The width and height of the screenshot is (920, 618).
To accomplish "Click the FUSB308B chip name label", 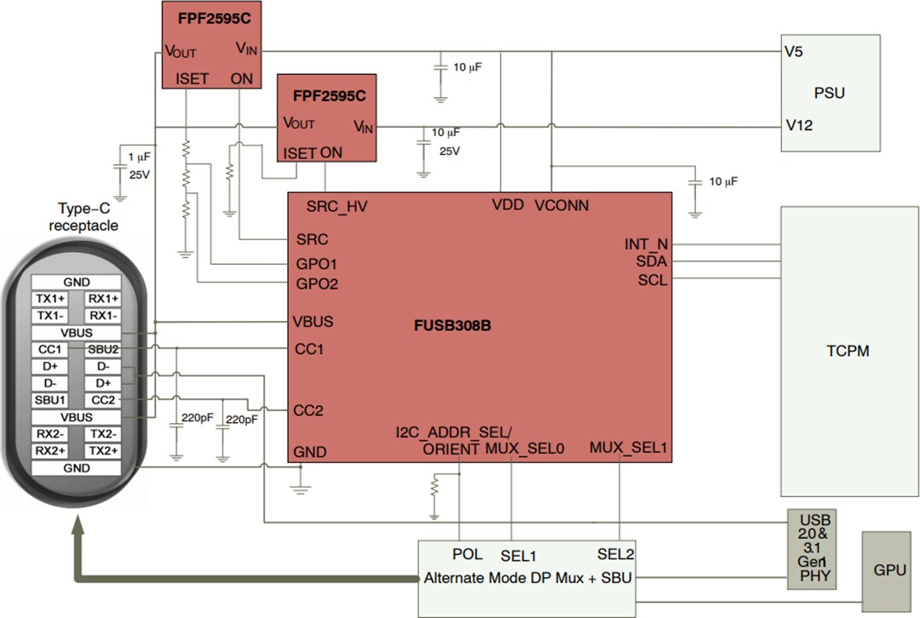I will pyautogui.click(x=452, y=326).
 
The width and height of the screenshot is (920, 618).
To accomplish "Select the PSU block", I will pyautogui.click(x=830, y=92).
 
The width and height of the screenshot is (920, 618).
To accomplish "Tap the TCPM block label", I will pyautogui.click(x=848, y=351).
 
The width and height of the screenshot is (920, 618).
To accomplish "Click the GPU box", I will pyautogui.click(x=890, y=570).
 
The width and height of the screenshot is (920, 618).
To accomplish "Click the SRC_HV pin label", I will pyautogui.click(x=336, y=206).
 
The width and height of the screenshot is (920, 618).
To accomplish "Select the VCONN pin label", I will pyautogui.click(x=561, y=205).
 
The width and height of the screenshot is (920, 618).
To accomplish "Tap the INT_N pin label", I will pyautogui.click(x=647, y=244).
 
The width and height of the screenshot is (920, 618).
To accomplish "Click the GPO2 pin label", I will pyautogui.click(x=317, y=283).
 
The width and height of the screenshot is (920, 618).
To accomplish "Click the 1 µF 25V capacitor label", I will pyautogui.click(x=138, y=167).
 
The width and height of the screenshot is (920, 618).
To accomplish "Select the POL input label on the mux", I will pyautogui.click(x=468, y=554).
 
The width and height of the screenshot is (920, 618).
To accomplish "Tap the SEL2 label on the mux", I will pyautogui.click(x=616, y=554).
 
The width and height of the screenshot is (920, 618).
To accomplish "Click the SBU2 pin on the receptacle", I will pyautogui.click(x=103, y=350).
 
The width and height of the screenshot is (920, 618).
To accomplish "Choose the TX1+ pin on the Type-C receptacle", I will pyautogui.click(x=49, y=299).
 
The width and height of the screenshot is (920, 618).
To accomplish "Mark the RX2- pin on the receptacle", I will pyautogui.click(x=49, y=434).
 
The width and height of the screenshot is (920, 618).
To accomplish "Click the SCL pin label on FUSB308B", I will pyautogui.click(x=653, y=280).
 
